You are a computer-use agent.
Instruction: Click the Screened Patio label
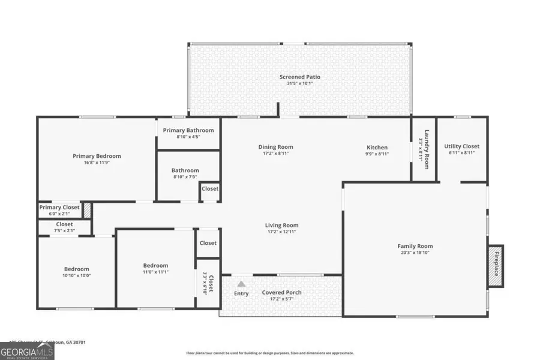coord(300,77)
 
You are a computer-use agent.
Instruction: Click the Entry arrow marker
coord(241,284)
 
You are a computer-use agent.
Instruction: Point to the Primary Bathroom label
coord(188,130)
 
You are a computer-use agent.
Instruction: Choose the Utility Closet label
coord(461,146)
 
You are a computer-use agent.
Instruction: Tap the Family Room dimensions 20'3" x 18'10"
coord(415,253)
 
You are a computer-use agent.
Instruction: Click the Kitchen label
coord(377,147)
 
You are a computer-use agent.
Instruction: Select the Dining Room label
coord(276,147)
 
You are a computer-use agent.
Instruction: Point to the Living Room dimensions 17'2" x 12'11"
coord(281,232)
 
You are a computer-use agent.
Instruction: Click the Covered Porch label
coord(281,293)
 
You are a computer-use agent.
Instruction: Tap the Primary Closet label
coord(59,207)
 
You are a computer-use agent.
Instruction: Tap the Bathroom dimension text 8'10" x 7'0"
coord(185,176)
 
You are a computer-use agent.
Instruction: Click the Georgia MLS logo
coord(27,349)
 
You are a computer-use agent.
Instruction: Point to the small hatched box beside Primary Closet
coord(87,209)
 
